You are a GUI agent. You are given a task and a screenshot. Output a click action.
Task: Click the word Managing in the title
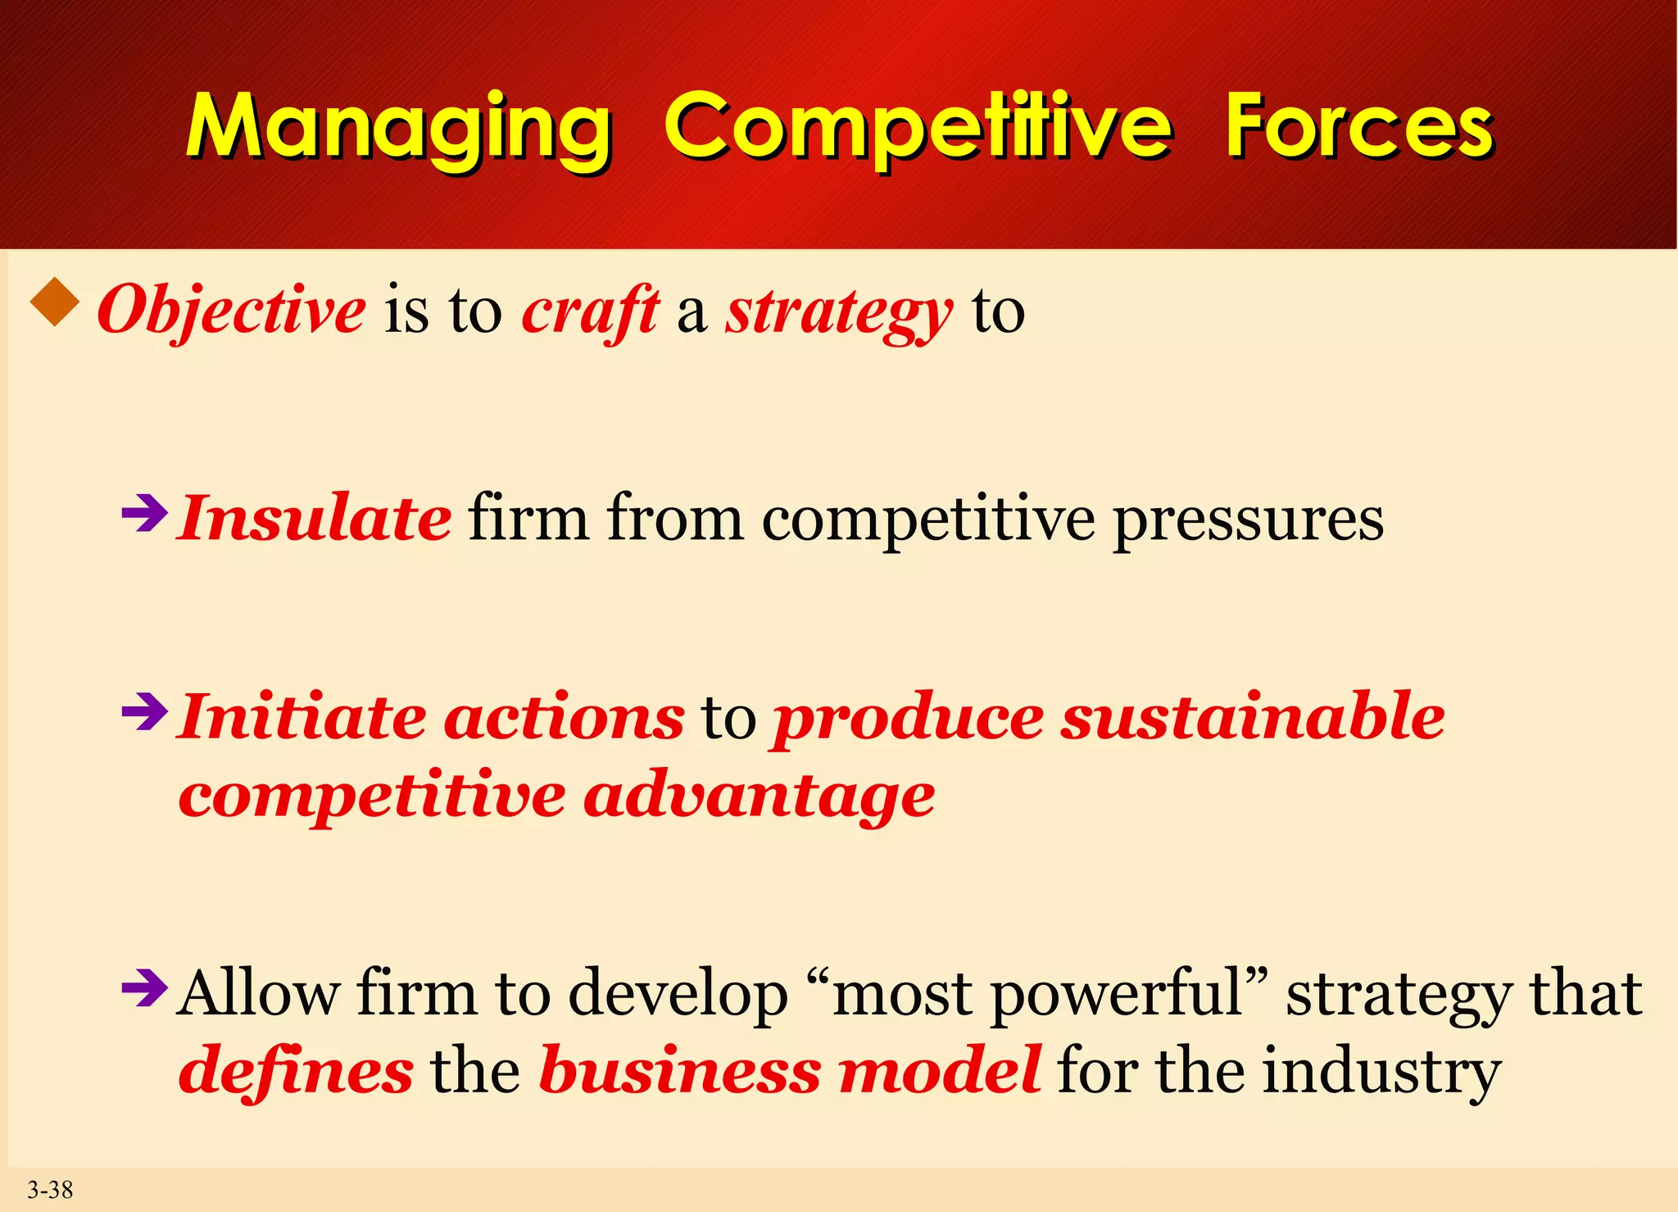[x=399, y=127]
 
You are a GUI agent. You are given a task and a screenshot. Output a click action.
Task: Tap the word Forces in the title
[x=1359, y=127]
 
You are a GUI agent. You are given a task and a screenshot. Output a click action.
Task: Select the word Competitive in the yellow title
[x=918, y=127]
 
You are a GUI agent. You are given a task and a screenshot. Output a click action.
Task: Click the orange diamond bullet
[x=55, y=302]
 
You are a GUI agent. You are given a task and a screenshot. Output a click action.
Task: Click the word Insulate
[x=315, y=518]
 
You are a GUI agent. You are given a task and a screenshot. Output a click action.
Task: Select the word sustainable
[x=1253, y=716]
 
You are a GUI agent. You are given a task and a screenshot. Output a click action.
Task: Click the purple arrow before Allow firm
[x=144, y=988]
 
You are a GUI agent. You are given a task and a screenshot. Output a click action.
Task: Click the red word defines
[x=296, y=1070]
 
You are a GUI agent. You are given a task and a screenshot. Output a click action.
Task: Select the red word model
[x=940, y=1070]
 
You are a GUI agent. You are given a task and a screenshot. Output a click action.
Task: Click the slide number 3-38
[x=50, y=1189]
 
